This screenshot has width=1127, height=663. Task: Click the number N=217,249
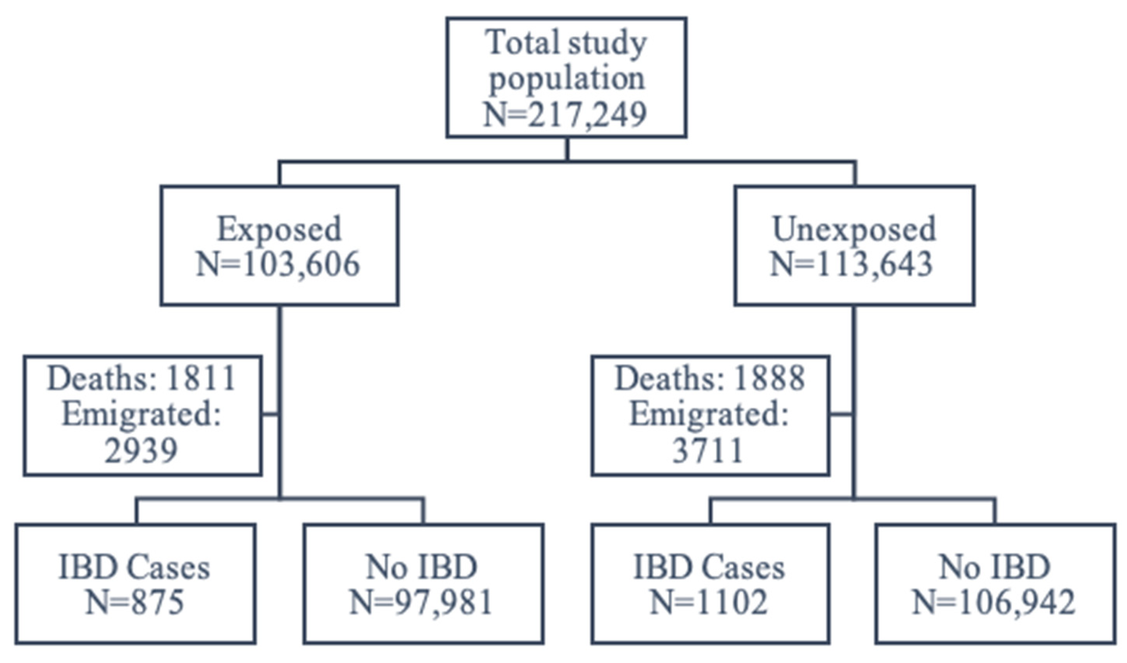point(565,115)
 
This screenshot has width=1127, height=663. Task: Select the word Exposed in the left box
point(279,229)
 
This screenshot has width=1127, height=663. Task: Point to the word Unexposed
point(854,229)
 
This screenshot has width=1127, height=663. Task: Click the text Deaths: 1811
point(142,378)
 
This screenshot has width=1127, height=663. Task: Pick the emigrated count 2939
point(141,450)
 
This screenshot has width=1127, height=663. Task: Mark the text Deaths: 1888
point(710,378)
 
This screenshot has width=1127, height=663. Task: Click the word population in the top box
point(567,79)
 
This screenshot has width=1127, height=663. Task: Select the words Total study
point(566,43)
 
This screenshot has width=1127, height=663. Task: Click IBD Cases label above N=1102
point(709,568)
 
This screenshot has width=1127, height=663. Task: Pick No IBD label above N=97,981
point(422,568)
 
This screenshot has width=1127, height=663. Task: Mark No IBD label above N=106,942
point(994,568)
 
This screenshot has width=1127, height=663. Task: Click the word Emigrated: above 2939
point(142,414)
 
